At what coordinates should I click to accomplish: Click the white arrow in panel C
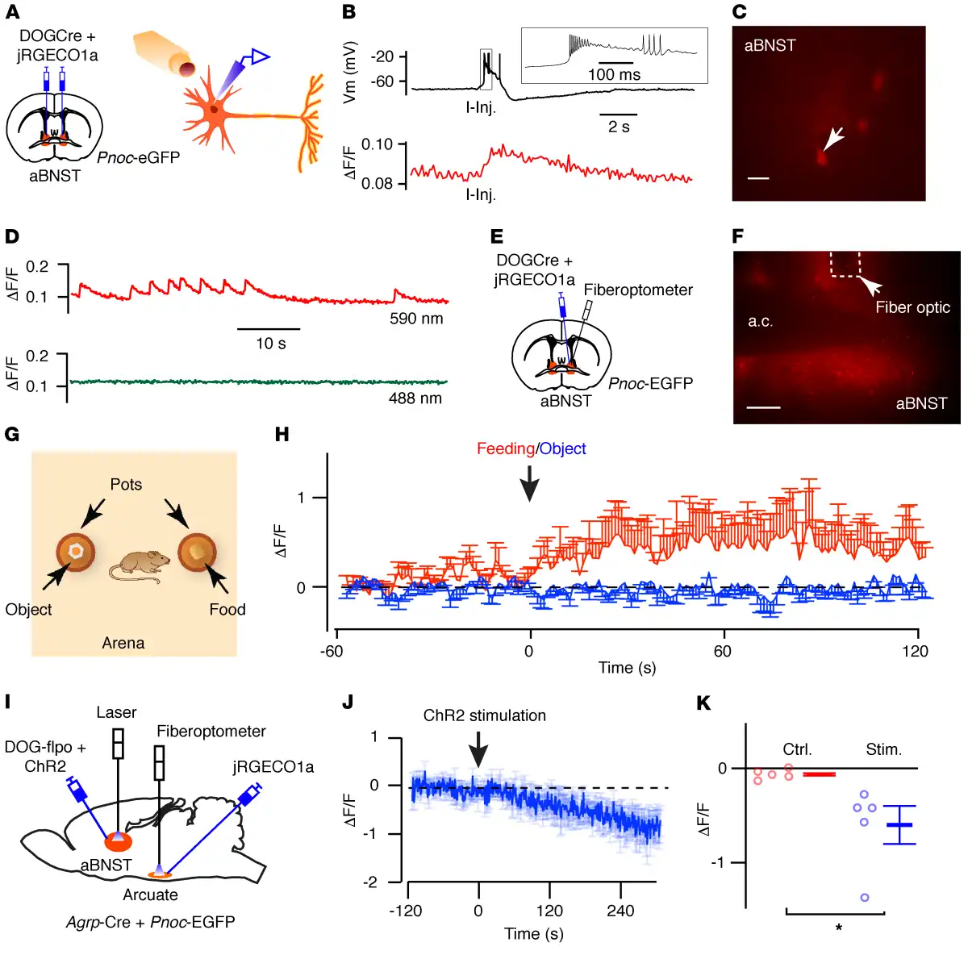click(832, 140)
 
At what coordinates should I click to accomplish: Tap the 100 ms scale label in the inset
click(614, 75)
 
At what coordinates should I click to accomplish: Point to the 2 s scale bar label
click(619, 127)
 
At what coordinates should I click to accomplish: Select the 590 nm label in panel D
click(416, 319)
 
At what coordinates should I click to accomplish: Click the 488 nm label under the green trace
click(415, 398)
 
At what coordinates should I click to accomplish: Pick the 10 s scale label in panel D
click(271, 344)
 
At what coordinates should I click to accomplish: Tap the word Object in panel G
click(28, 610)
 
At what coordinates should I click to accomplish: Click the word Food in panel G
click(227, 610)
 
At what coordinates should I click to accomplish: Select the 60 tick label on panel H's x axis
click(723, 652)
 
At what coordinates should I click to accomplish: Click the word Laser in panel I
click(116, 712)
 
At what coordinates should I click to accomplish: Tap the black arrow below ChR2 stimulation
click(478, 749)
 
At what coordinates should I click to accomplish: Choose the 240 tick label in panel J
click(620, 911)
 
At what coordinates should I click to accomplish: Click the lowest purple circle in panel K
click(865, 897)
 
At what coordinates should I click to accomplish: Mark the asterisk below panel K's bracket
click(839, 928)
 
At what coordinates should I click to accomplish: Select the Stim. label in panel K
click(884, 749)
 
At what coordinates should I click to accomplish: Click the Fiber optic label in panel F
click(912, 307)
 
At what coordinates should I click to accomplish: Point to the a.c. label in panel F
click(761, 321)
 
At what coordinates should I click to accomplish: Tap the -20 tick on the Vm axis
click(382, 56)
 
